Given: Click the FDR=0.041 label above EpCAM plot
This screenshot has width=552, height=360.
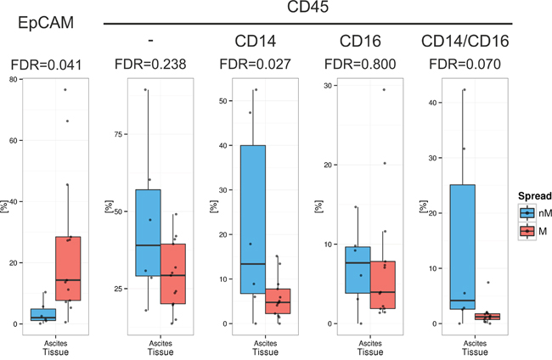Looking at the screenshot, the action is point(46,65).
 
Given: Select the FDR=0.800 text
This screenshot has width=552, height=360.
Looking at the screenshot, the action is point(360,64).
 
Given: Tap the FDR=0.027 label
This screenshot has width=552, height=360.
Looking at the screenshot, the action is point(256,64).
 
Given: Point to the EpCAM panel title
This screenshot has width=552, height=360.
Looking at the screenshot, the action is point(46,23).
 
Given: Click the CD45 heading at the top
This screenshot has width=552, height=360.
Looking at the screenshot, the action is point(307,6).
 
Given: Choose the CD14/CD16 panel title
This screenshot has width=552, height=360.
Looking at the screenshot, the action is point(465,41).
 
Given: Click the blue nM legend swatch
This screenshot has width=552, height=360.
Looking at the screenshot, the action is point(527,213).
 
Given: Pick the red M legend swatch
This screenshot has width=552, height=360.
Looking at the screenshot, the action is point(527,231).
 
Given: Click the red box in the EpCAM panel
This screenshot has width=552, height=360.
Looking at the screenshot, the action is point(68,268).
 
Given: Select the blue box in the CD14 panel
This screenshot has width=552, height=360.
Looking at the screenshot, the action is point(253,219).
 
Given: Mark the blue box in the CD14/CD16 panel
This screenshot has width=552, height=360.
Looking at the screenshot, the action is point(463,247).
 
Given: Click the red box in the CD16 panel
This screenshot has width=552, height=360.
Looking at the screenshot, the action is point(383,285).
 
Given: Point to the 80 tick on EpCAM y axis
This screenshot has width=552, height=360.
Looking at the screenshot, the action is point(14,80).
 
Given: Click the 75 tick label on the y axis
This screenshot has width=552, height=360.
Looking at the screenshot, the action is point(119,134).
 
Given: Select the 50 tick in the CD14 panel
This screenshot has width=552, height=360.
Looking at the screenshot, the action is point(223,101).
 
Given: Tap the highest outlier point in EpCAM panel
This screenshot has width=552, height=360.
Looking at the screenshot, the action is point(65,90).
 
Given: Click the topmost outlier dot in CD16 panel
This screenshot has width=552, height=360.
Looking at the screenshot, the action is point(384,90).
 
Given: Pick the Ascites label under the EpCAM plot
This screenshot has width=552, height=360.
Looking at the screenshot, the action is point(55,344).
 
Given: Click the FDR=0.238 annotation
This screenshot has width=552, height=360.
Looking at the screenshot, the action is point(150,64).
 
